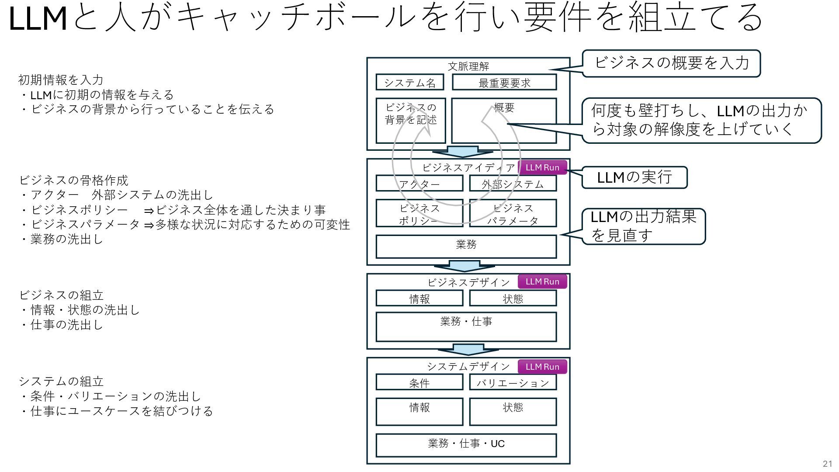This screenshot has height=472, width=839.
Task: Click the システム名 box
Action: pos(409,82)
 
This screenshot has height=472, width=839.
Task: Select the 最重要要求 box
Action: pos(504,82)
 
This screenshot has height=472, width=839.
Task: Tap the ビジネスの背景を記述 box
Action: pos(410,120)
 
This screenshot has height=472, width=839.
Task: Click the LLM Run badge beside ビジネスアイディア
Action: pos(542,167)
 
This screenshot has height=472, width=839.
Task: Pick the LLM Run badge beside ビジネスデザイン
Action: pos(542,281)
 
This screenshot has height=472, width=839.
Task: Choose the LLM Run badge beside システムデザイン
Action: pos(542,367)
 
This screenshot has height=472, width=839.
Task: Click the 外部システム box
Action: pos(513,184)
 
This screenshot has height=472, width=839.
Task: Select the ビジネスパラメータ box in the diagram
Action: pos(513,214)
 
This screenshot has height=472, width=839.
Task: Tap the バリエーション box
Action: pos(513,382)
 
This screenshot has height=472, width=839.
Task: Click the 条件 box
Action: pos(419,382)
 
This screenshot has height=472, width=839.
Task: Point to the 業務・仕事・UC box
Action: pos(466,445)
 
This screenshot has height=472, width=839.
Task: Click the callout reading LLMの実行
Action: pos(634,177)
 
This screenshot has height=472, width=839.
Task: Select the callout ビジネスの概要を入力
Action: pos(671,63)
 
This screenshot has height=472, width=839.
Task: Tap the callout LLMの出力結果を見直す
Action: pos(643,226)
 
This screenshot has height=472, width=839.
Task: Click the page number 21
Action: pos(827,464)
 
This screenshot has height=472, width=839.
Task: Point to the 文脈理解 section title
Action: pos(468,66)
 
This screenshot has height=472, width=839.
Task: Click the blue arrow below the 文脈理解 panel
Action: pos(463,152)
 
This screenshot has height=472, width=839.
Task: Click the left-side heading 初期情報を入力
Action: pos(61,80)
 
